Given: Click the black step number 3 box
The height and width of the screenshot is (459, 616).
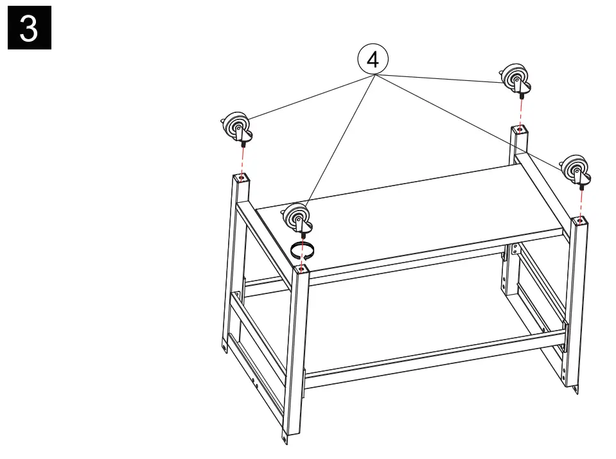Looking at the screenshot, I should tap(29, 28).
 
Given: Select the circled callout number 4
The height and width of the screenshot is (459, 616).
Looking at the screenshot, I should tap(373, 60).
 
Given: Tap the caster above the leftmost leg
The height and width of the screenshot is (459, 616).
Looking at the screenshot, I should tap(236, 127).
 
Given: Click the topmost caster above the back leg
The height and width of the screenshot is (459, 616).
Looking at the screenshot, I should tap(516, 78).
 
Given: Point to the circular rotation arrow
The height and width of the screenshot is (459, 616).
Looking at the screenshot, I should tap(303, 249).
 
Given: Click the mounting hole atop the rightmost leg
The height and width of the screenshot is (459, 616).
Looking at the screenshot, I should tap(581, 222).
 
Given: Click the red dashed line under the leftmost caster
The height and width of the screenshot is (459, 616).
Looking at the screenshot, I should tap(243, 159).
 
